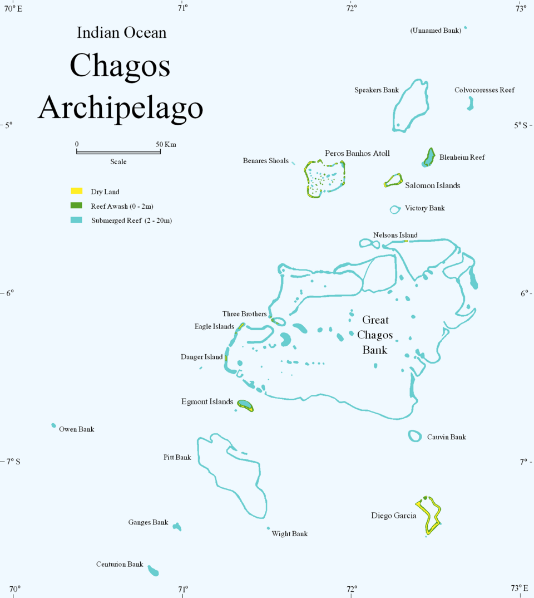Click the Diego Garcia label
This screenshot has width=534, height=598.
[393, 516]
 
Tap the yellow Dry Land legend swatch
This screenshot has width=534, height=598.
[77, 192]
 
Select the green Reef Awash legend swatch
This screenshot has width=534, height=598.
[77, 206]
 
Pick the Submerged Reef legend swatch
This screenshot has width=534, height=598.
[77, 220]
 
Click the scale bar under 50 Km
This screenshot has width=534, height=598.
[118, 151]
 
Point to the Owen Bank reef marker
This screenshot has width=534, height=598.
[54, 425]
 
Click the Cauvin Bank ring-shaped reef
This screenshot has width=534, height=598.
[415, 437]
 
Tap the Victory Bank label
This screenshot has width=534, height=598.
[424, 208]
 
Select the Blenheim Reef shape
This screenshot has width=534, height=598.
[429, 158]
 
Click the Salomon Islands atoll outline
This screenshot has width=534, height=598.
[393, 180]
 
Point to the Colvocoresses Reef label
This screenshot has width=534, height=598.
[484, 90]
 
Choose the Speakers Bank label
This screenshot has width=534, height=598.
[377, 90]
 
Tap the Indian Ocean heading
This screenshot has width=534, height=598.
[121, 33]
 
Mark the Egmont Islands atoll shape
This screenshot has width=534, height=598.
[245, 405]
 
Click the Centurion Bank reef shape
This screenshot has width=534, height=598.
[153, 571]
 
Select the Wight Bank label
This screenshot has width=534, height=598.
[289, 534]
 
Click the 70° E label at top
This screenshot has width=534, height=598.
[13, 8]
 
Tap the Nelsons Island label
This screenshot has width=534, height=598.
[395, 235]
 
